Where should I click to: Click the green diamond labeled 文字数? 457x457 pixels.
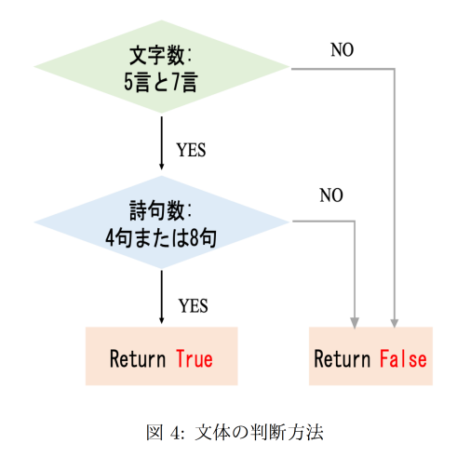pyautogui.click(x=161, y=67)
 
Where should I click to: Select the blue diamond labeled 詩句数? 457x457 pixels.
pyautogui.click(x=161, y=222)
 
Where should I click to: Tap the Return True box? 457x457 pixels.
pyautogui.click(x=161, y=356)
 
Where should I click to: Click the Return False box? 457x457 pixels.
pyautogui.click(x=370, y=356)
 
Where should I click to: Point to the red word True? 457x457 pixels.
pyautogui.click(x=195, y=358)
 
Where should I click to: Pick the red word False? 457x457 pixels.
pyautogui.click(x=403, y=358)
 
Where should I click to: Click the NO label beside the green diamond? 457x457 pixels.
pyautogui.click(x=343, y=49)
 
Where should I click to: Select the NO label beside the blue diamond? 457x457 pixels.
pyautogui.click(x=331, y=195)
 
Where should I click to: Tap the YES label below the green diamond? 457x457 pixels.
pyautogui.click(x=191, y=150)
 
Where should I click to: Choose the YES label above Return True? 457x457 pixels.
pyautogui.click(x=193, y=306)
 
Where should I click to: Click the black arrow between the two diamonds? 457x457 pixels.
pyautogui.click(x=161, y=143)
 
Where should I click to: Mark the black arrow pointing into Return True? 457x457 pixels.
pyautogui.click(x=161, y=297)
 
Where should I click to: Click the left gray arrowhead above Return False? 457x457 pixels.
pyautogui.click(x=355, y=322)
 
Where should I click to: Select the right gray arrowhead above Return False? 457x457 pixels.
pyautogui.click(x=395, y=322)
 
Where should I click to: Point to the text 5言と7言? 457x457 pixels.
pyautogui.click(x=161, y=82)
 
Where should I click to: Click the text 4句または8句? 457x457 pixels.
pyautogui.click(x=161, y=238)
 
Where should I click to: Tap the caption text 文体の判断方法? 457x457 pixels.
pyautogui.click(x=259, y=432)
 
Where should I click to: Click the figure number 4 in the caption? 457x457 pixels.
pyautogui.click(x=175, y=433)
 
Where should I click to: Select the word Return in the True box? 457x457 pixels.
pyautogui.click(x=138, y=358)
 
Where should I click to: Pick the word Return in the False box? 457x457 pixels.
pyautogui.click(x=343, y=358)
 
